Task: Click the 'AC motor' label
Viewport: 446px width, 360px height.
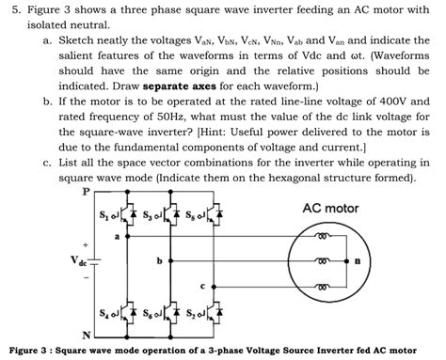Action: click(331, 208)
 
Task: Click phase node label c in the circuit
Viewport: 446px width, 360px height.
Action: click(202, 284)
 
